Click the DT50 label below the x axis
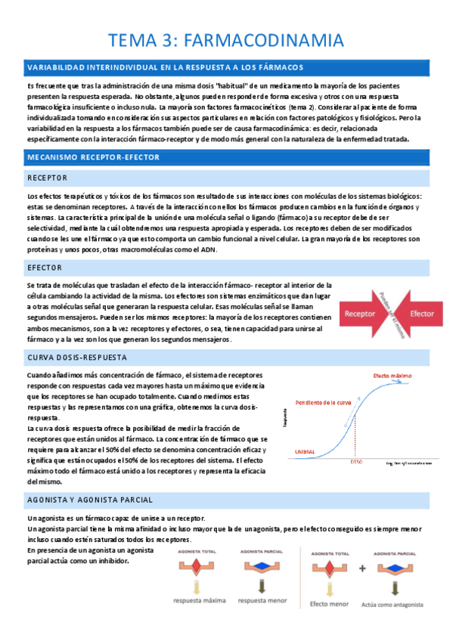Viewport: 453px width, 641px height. (x=357, y=461)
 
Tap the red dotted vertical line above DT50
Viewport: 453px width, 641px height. (x=356, y=438)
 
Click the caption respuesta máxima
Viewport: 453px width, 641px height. (x=198, y=601)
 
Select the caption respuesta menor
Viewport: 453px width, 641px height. (x=262, y=601)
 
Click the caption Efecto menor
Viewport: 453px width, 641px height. (x=330, y=604)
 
